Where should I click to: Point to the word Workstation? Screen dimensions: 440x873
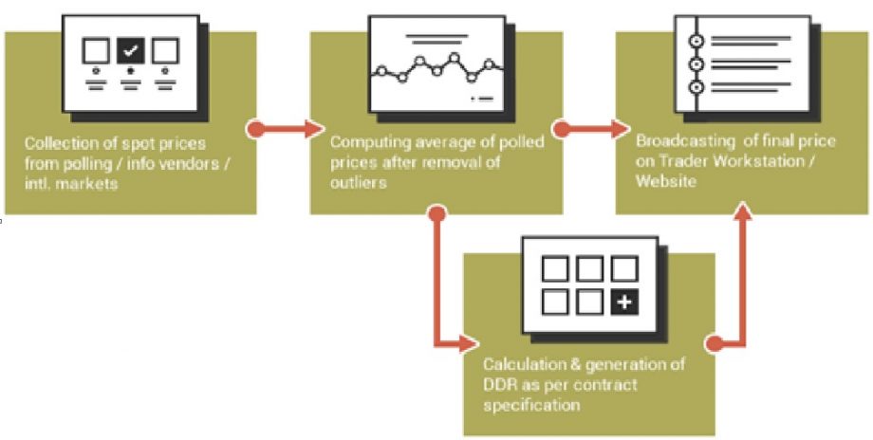(770, 161)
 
